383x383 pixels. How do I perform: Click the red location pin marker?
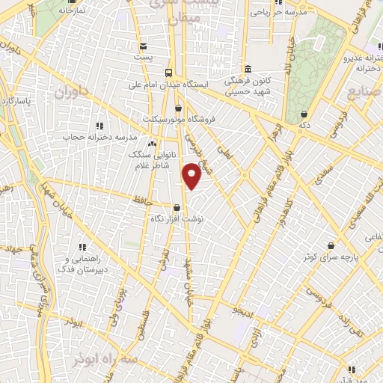point(191,175)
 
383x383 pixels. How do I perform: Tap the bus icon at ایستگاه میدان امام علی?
point(169,73)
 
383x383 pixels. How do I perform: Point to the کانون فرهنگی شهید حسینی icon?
point(247,68)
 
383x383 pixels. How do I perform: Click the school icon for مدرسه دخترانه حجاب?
point(99,126)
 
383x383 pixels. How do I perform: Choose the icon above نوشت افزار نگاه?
point(177,208)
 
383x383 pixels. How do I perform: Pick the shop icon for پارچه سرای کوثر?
point(331,245)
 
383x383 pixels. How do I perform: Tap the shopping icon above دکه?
point(304,114)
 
